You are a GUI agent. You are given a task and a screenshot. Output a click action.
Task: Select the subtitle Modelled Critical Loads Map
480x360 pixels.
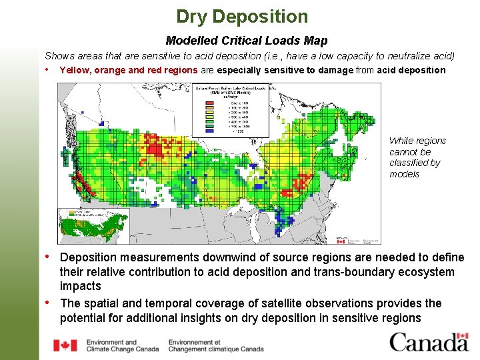click(246, 41)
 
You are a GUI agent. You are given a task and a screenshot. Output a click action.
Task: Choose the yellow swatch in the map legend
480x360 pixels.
click(209, 112)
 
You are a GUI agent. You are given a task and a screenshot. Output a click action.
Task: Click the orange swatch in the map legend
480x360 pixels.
click(209, 108)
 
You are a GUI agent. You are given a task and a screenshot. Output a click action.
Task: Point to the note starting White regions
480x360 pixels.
click(417, 157)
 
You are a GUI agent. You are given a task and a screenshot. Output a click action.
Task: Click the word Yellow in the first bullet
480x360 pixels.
click(75, 70)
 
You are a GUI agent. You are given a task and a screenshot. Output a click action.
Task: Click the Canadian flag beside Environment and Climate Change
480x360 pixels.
click(65, 345)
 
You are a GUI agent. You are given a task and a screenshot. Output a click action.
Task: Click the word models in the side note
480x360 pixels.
click(405, 174)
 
